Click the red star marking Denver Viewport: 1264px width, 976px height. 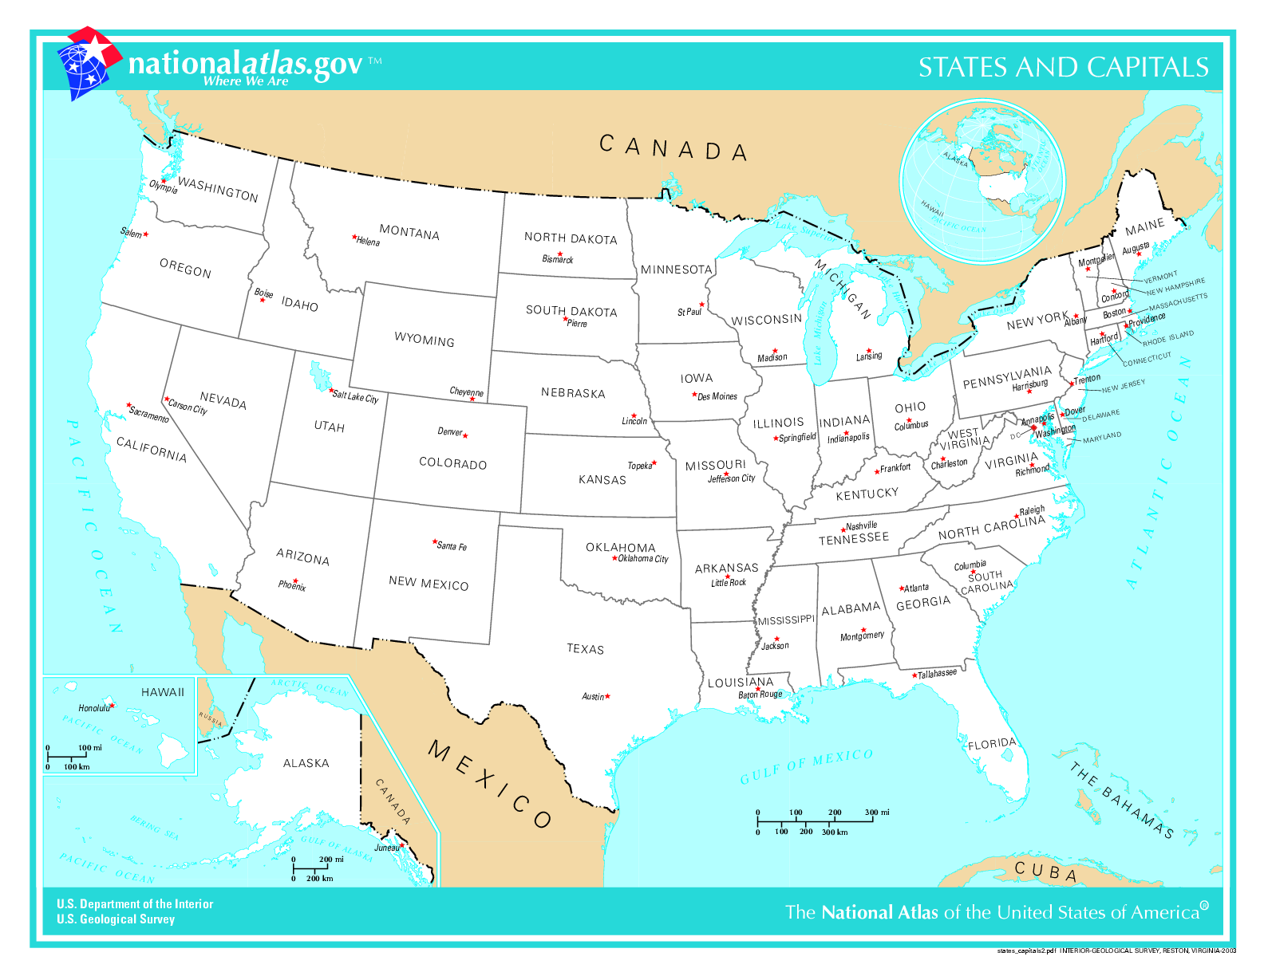click(x=465, y=435)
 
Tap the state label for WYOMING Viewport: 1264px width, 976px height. click(x=424, y=340)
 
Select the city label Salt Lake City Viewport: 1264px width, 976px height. click(x=356, y=396)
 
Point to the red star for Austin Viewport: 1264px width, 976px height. click(x=607, y=696)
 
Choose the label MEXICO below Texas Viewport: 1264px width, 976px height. click(x=490, y=784)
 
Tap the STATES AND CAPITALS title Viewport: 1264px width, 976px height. click(x=1063, y=67)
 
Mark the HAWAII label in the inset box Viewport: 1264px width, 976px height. click(x=162, y=692)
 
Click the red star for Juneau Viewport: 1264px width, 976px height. click(x=402, y=845)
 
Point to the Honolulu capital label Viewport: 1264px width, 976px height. click(x=93, y=708)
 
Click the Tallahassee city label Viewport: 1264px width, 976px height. click(x=937, y=674)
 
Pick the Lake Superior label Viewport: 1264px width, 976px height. click(x=806, y=231)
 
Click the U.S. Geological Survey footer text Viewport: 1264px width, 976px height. click(x=116, y=919)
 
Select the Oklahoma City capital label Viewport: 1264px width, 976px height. click(x=643, y=559)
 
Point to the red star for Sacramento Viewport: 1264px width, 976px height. click(x=128, y=405)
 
